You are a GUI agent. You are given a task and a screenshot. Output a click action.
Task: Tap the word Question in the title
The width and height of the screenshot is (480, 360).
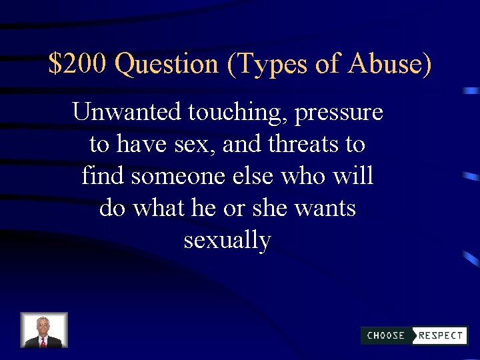pos(167,65)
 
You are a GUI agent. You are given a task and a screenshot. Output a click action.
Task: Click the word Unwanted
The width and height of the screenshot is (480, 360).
pos(127,112)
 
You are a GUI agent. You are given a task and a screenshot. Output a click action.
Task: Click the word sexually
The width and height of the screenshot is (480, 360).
pos(227,240)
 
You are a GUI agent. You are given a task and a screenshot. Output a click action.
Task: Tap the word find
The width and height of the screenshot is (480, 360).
pos(103,176)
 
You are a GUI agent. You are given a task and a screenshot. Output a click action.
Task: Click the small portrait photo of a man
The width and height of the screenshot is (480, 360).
pos(44,331)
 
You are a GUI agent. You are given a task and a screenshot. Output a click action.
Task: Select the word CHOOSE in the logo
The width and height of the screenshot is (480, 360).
pos(386,335)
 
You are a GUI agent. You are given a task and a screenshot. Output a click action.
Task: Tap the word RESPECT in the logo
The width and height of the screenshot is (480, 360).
pos(441,335)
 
